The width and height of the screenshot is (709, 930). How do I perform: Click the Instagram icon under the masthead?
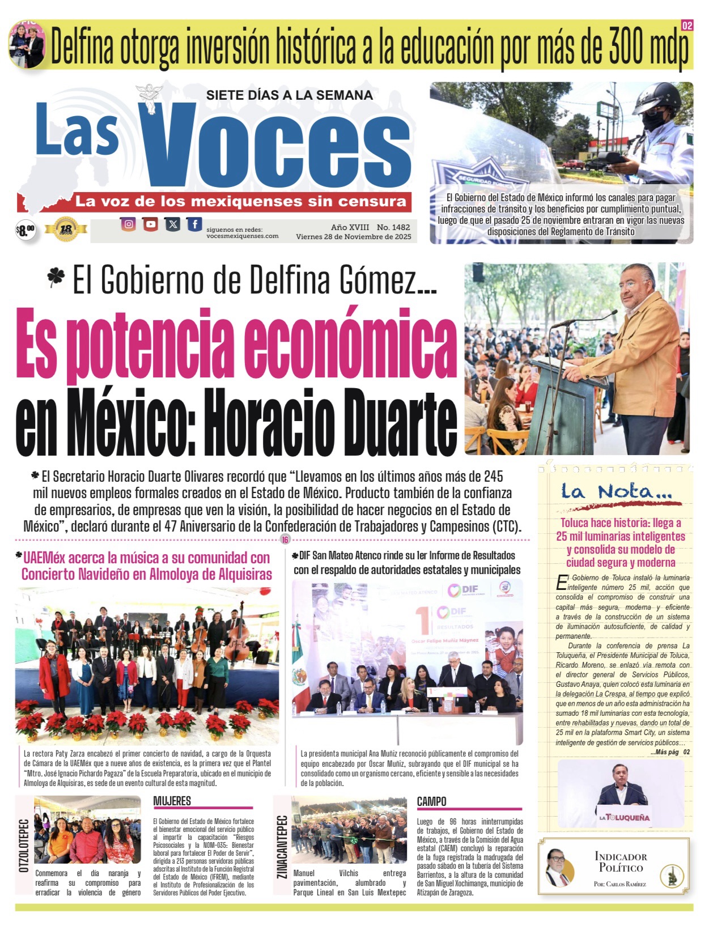[129, 224]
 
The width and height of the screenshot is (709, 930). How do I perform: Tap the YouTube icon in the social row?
[150, 224]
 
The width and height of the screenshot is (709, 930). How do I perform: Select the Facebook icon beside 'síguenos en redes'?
[194, 224]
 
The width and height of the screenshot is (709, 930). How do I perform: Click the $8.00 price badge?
[26, 230]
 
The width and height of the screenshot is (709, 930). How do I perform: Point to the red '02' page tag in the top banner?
[687, 26]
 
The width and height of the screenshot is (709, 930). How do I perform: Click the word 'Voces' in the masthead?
[277, 147]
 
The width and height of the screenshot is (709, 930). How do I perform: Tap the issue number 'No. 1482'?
[393, 227]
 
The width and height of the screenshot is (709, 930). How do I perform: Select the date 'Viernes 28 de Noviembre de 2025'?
[354, 237]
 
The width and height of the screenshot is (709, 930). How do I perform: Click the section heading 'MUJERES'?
[172, 801]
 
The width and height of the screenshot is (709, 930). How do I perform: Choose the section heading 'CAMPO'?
[432, 801]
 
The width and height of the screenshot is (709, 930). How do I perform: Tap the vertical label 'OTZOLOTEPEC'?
[24, 846]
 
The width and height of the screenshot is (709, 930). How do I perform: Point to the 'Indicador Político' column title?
[621, 862]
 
